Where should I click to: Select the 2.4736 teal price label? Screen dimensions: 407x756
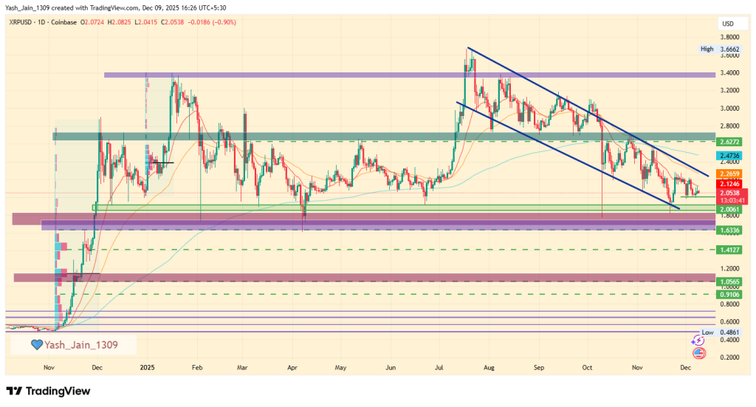[729, 157]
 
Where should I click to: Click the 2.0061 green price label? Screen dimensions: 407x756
[729, 210]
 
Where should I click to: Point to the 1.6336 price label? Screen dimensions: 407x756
[729, 230]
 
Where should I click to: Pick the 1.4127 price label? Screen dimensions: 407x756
[729, 250]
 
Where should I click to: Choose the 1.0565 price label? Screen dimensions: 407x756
[729, 281]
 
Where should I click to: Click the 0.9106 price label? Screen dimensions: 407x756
[729, 294]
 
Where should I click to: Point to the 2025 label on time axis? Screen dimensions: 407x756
[147, 366]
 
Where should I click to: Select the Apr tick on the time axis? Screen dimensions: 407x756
[292, 366]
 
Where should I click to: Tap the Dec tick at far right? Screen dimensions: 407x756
[685, 366]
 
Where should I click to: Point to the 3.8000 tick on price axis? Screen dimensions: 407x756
[731, 37]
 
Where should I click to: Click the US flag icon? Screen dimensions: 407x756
[698, 353]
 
